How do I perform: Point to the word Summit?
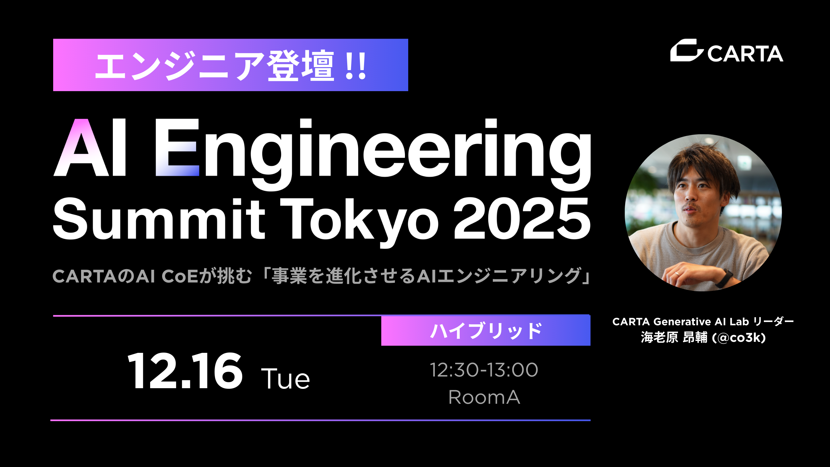[159, 219]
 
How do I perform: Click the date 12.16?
[185, 371]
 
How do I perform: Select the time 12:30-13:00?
[484, 370]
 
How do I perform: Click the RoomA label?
[484, 397]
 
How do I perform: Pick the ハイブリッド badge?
[486, 331]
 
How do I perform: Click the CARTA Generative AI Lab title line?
[703, 321]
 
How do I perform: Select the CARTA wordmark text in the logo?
[745, 54]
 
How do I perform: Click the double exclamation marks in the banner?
[356, 66]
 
